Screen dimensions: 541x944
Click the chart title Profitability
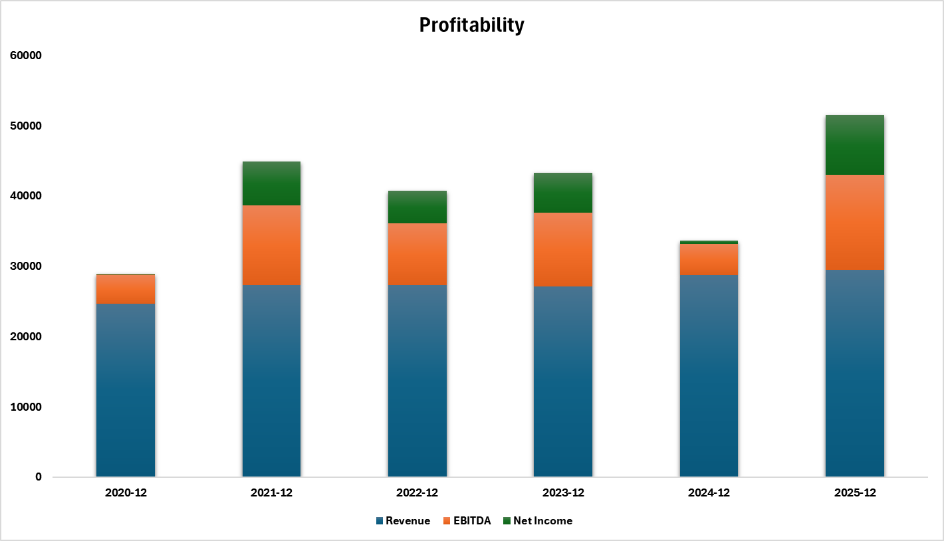pos(471,25)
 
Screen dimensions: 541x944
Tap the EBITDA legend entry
pos(472,521)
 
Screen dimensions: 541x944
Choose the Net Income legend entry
pos(542,521)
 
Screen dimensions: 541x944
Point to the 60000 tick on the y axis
pos(26,56)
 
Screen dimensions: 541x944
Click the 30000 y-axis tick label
pos(26,267)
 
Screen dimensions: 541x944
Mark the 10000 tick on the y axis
pos(26,407)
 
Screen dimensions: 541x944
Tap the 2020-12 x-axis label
pos(126,493)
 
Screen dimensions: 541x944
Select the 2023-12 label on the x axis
pos(563,493)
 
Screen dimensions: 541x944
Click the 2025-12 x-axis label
pos(855,493)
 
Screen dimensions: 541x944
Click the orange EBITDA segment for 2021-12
pos(271,245)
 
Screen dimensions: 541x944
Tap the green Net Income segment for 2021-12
pos(271,183)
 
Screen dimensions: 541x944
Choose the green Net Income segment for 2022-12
pos(417,207)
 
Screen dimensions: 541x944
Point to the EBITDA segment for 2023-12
pos(563,249)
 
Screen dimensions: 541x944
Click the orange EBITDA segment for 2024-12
pos(709,259)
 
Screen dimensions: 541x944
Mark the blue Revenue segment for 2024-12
pos(709,376)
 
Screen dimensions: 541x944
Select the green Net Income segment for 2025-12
pos(855,145)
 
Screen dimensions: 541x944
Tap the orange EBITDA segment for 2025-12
pos(855,222)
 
